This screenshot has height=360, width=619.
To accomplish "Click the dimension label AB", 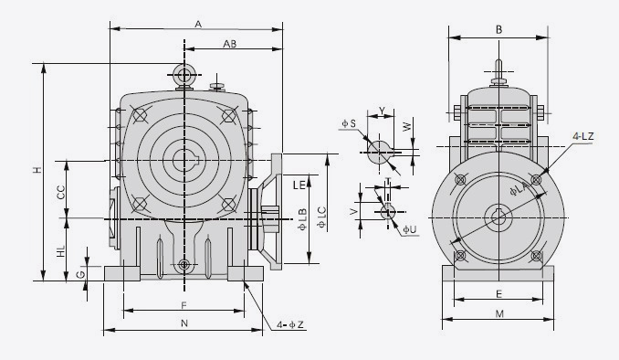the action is (230, 44).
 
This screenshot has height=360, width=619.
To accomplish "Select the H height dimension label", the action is (37, 170).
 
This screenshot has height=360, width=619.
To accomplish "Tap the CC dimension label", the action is (61, 193).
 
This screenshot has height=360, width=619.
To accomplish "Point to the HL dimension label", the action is (61, 251).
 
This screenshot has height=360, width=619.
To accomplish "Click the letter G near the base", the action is (80, 274).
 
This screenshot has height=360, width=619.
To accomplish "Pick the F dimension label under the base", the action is (184, 305).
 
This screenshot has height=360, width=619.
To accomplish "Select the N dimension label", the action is (184, 323).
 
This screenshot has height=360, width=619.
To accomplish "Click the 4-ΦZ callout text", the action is (290, 325).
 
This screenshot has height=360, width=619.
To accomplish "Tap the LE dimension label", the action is (299, 185).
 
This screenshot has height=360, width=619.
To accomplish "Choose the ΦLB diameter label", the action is (302, 219).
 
